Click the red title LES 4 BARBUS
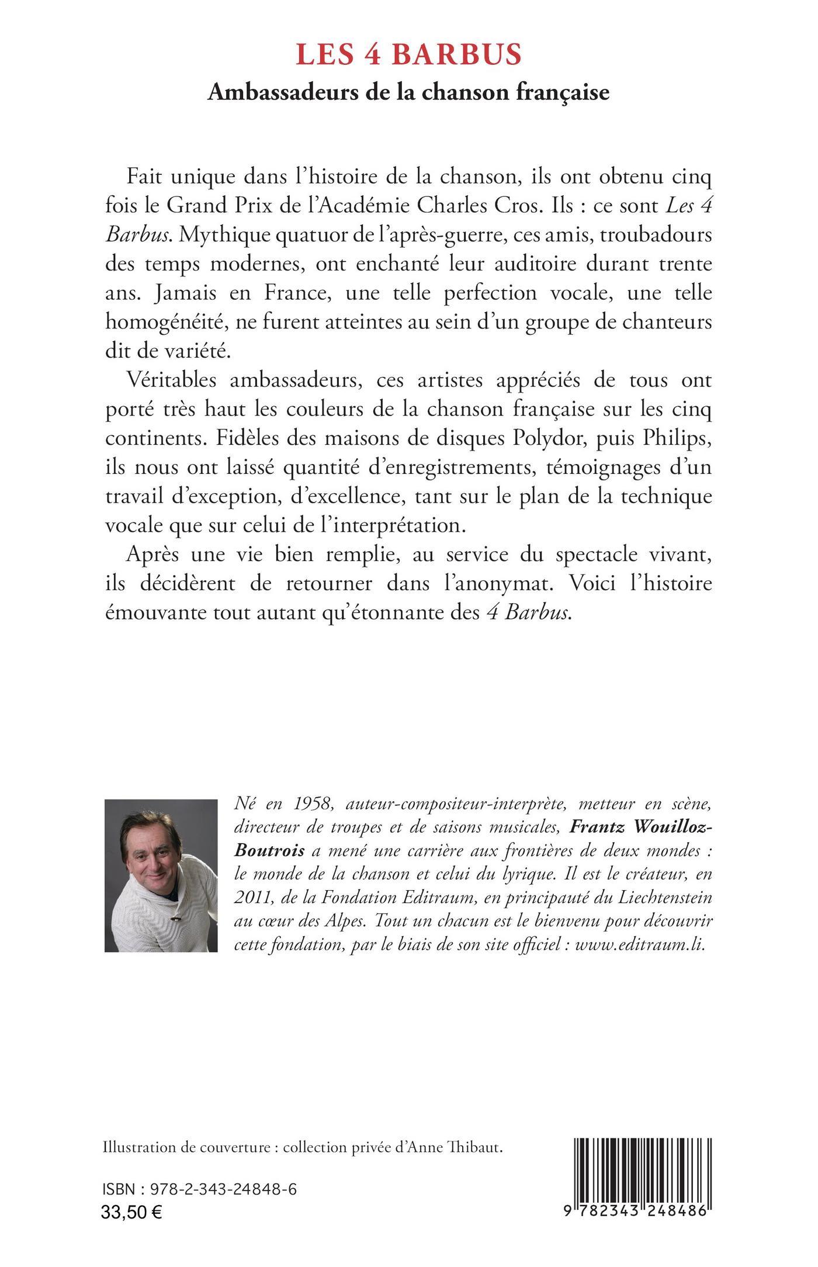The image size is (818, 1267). click(408, 55)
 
